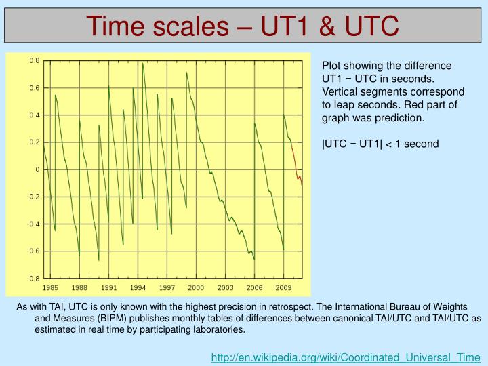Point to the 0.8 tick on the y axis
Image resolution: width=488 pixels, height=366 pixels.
pyautogui.click(x=34, y=61)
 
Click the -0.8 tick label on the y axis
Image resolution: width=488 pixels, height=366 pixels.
pyautogui.click(x=33, y=279)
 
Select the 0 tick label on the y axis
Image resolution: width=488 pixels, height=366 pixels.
pyautogui.click(x=37, y=169)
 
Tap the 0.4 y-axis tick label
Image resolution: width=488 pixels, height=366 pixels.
pyautogui.click(x=34, y=115)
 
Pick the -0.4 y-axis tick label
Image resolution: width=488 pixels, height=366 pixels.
pyautogui.click(x=33, y=224)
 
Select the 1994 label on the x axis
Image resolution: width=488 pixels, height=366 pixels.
pyautogui.click(x=138, y=288)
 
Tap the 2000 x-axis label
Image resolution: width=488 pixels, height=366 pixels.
pyautogui.click(x=196, y=288)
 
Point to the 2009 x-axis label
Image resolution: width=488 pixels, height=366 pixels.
pyautogui.click(x=283, y=288)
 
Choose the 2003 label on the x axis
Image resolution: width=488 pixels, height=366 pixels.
pyautogui.click(x=225, y=288)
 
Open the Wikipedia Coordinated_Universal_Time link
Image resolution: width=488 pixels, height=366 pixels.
pyautogui.click(x=346, y=357)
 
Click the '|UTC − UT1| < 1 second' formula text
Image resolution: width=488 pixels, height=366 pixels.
pyautogui.click(x=380, y=144)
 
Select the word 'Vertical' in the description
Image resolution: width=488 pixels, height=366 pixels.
pyautogui.click(x=340, y=91)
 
